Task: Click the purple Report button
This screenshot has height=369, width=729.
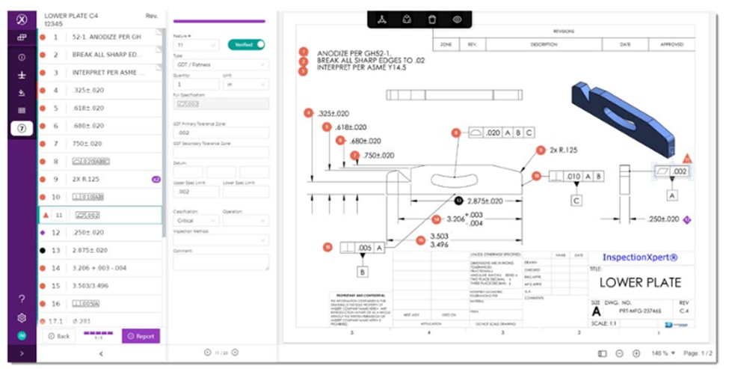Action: [141, 336]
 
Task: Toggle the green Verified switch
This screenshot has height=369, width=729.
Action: [247, 44]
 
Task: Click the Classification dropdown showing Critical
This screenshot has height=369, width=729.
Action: [195, 221]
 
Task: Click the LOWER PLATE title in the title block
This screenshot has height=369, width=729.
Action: [639, 283]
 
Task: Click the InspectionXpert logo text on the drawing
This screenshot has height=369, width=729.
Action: [639, 257]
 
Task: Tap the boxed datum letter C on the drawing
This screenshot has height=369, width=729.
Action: [576, 200]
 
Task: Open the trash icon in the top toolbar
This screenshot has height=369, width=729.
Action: [431, 19]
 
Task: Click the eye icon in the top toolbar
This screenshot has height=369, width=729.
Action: [457, 19]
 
